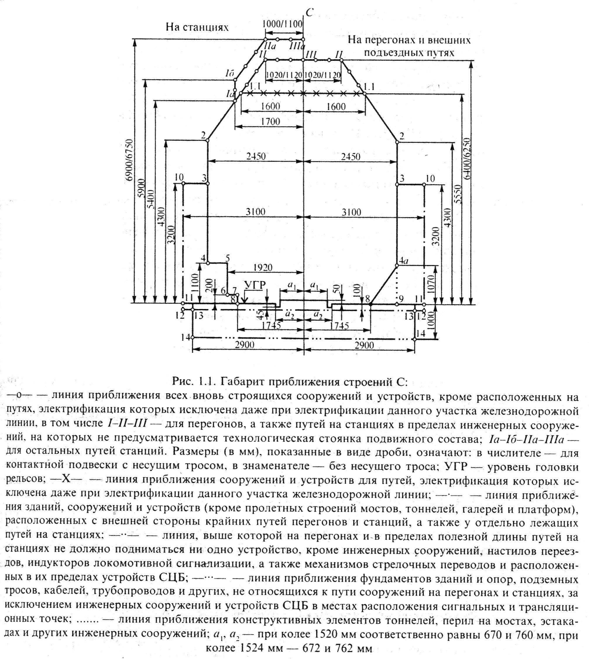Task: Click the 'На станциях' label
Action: coord(197,27)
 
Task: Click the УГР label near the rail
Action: coord(255,285)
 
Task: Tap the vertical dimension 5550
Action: coord(457,195)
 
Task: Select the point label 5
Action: coord(228,258)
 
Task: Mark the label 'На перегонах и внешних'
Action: coord(409,40)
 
